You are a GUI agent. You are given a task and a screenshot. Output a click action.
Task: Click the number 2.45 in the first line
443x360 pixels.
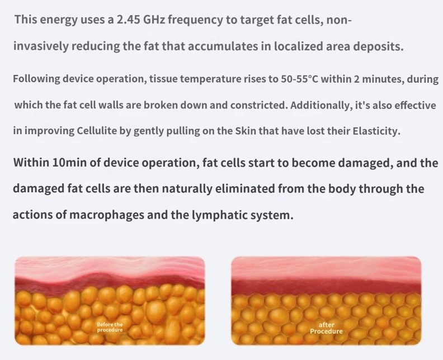tap(129, 20)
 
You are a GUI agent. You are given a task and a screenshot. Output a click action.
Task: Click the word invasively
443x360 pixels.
tap(41, 46)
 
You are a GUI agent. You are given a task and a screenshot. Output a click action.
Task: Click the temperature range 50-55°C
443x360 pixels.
tap(299, 78)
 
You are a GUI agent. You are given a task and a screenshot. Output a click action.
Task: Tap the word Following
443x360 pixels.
tap(36, 79)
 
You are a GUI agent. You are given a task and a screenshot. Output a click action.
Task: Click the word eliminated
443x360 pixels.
tap(245, 188)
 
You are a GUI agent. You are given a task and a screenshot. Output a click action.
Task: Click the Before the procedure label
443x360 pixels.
tap(110, 327)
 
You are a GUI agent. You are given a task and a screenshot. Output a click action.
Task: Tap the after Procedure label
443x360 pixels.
tap(326, 328)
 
